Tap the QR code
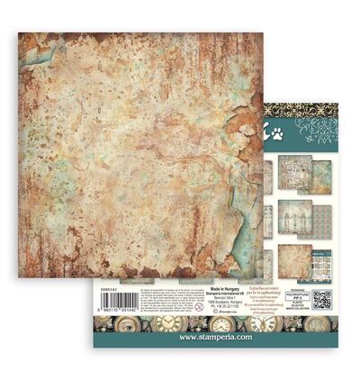coord(321,298)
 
